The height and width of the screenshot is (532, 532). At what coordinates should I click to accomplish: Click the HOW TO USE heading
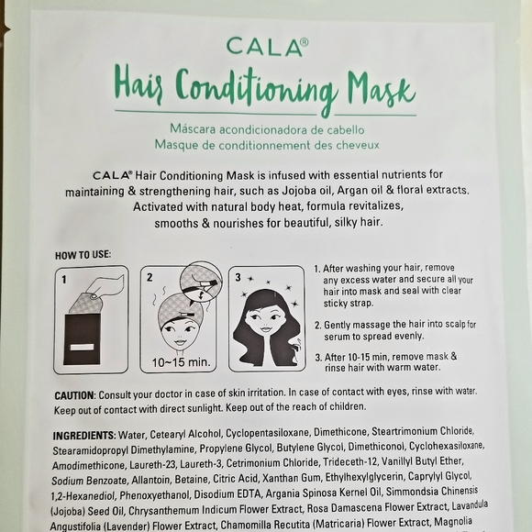84,254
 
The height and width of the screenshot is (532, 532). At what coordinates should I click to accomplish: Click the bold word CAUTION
81,393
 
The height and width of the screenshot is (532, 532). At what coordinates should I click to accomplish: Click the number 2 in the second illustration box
149,276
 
